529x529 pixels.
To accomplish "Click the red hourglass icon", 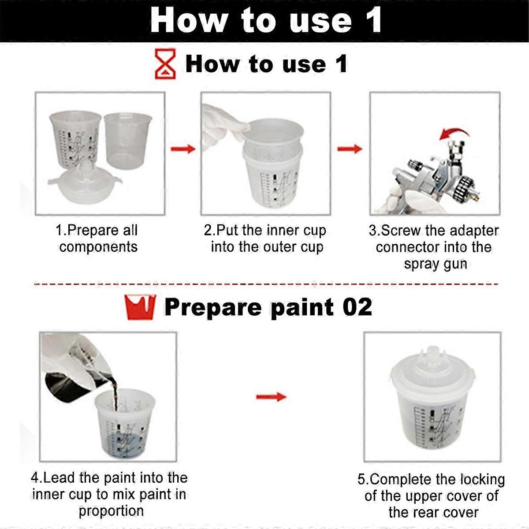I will (165, 64).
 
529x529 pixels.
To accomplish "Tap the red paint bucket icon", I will (140, 307).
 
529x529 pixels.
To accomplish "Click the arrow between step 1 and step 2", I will (183, 149).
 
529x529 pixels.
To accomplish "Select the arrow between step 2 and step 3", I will (350, 149).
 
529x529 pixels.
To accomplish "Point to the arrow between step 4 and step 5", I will (271, 397).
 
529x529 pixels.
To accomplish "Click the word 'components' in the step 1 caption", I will (98, 247).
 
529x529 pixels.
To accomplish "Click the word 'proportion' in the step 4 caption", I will (111, 511).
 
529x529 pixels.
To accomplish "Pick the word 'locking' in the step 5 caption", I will (478, 479).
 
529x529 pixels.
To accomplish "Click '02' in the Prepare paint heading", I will (357, 307).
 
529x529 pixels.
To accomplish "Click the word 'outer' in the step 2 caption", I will (280, 247).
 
